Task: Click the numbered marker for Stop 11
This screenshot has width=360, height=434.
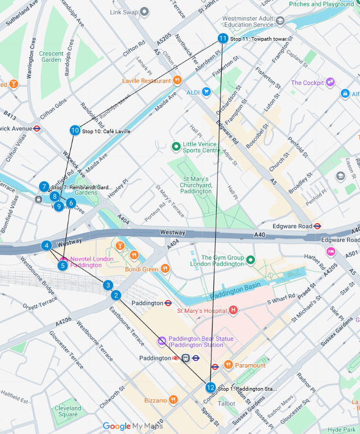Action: point(223,39)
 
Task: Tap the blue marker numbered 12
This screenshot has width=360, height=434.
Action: point(210,387)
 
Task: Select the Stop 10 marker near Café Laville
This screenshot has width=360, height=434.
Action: point(75,131)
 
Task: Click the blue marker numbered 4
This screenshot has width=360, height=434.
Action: point(47,245)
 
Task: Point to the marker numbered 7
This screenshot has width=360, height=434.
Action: point(43,187)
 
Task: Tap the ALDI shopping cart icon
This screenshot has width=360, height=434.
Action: point(206,92)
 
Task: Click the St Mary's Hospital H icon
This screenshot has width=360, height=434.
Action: point(233,310)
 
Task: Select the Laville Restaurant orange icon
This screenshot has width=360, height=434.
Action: point(177,81)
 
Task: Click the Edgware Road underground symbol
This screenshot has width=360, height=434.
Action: point(317,226)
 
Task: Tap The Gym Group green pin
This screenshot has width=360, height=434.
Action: point(251,260)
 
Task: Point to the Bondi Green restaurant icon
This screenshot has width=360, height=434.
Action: point(165,269)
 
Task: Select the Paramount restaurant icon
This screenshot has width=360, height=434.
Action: point(228,365)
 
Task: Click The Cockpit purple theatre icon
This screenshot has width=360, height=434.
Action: point(330,82)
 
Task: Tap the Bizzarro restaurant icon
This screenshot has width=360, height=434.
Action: point(172,400)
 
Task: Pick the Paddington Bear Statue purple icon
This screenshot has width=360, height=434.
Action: point(162,341)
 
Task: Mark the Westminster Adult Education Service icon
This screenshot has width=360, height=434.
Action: point(280,21)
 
